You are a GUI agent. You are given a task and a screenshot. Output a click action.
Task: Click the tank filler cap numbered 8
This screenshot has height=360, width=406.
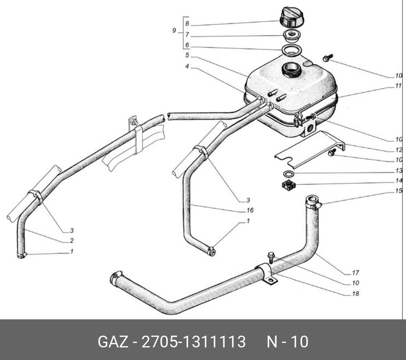click(292, 17)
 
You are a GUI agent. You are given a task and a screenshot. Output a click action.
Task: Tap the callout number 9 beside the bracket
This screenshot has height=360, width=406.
click(174, 31)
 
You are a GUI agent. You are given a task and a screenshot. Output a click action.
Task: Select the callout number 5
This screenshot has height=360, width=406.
click(187, 55)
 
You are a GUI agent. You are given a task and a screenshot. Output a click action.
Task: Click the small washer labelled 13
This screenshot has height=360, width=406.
click(289, 174)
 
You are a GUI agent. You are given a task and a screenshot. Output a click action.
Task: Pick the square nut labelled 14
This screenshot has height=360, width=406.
click(289, 186)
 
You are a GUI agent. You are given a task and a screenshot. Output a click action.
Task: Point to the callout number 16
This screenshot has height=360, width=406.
click(250, 210)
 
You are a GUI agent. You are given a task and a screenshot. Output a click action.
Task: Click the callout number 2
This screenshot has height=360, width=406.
click(71, 241)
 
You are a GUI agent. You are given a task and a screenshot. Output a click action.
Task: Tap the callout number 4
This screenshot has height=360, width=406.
click(187, 66)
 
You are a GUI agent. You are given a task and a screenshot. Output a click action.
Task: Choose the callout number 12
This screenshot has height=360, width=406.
click(399, 149)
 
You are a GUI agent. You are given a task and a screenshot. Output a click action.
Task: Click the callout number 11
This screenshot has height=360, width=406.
click(399, 86)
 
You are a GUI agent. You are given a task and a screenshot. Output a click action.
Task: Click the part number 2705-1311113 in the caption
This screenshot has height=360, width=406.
click(193, 342)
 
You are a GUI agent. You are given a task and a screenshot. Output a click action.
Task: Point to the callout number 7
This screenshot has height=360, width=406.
click(187, 35)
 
